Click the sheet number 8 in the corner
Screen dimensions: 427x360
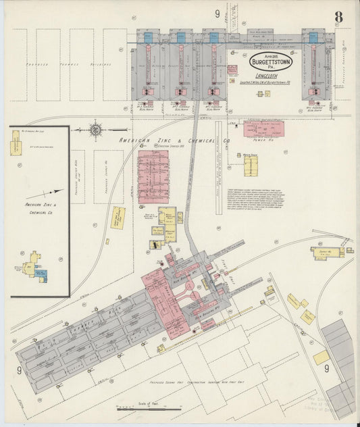point(337,16)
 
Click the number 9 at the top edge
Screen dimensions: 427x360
point(217,14)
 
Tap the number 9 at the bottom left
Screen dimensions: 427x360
point(19,370)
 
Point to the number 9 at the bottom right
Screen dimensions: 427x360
point(326,368)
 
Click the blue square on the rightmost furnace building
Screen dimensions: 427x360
point(313,38)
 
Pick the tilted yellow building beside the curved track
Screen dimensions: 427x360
point(118,218)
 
